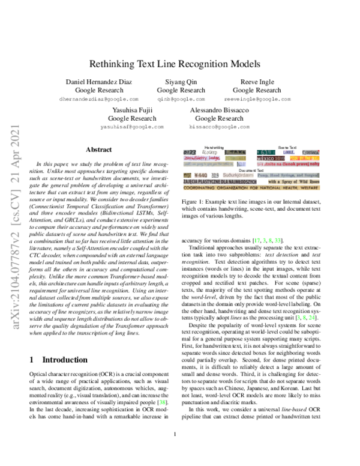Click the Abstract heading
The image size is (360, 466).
point(98,149)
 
